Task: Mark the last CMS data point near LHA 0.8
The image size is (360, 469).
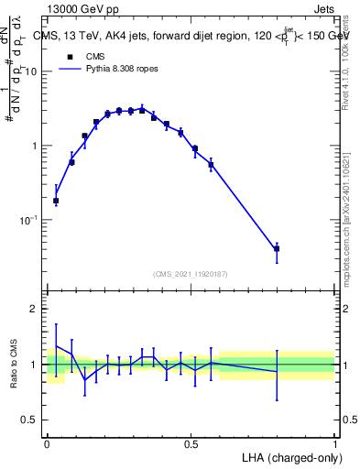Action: coord(277,248)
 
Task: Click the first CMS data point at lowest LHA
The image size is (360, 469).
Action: coord(56,201)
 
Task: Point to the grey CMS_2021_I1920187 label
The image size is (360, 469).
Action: coord(191,274)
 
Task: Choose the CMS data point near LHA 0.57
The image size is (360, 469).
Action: coord(212,165)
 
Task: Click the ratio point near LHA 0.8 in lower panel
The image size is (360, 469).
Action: coord(277,371)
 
